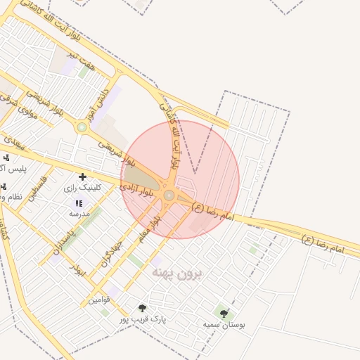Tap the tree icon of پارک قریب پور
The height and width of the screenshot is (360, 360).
click(143, 308)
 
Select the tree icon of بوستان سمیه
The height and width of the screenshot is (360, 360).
click(224, 314)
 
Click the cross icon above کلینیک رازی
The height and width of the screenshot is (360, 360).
click(83, 176)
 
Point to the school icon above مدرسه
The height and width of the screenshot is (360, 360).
click(79, 203)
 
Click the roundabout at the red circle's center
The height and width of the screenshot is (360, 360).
click(169, 195)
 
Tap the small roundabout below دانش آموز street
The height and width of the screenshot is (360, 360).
click(82, 127)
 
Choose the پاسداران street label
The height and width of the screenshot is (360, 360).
click(63, 241)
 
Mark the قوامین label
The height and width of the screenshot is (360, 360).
click(99, 300)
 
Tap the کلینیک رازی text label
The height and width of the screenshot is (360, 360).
click(83, 188)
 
